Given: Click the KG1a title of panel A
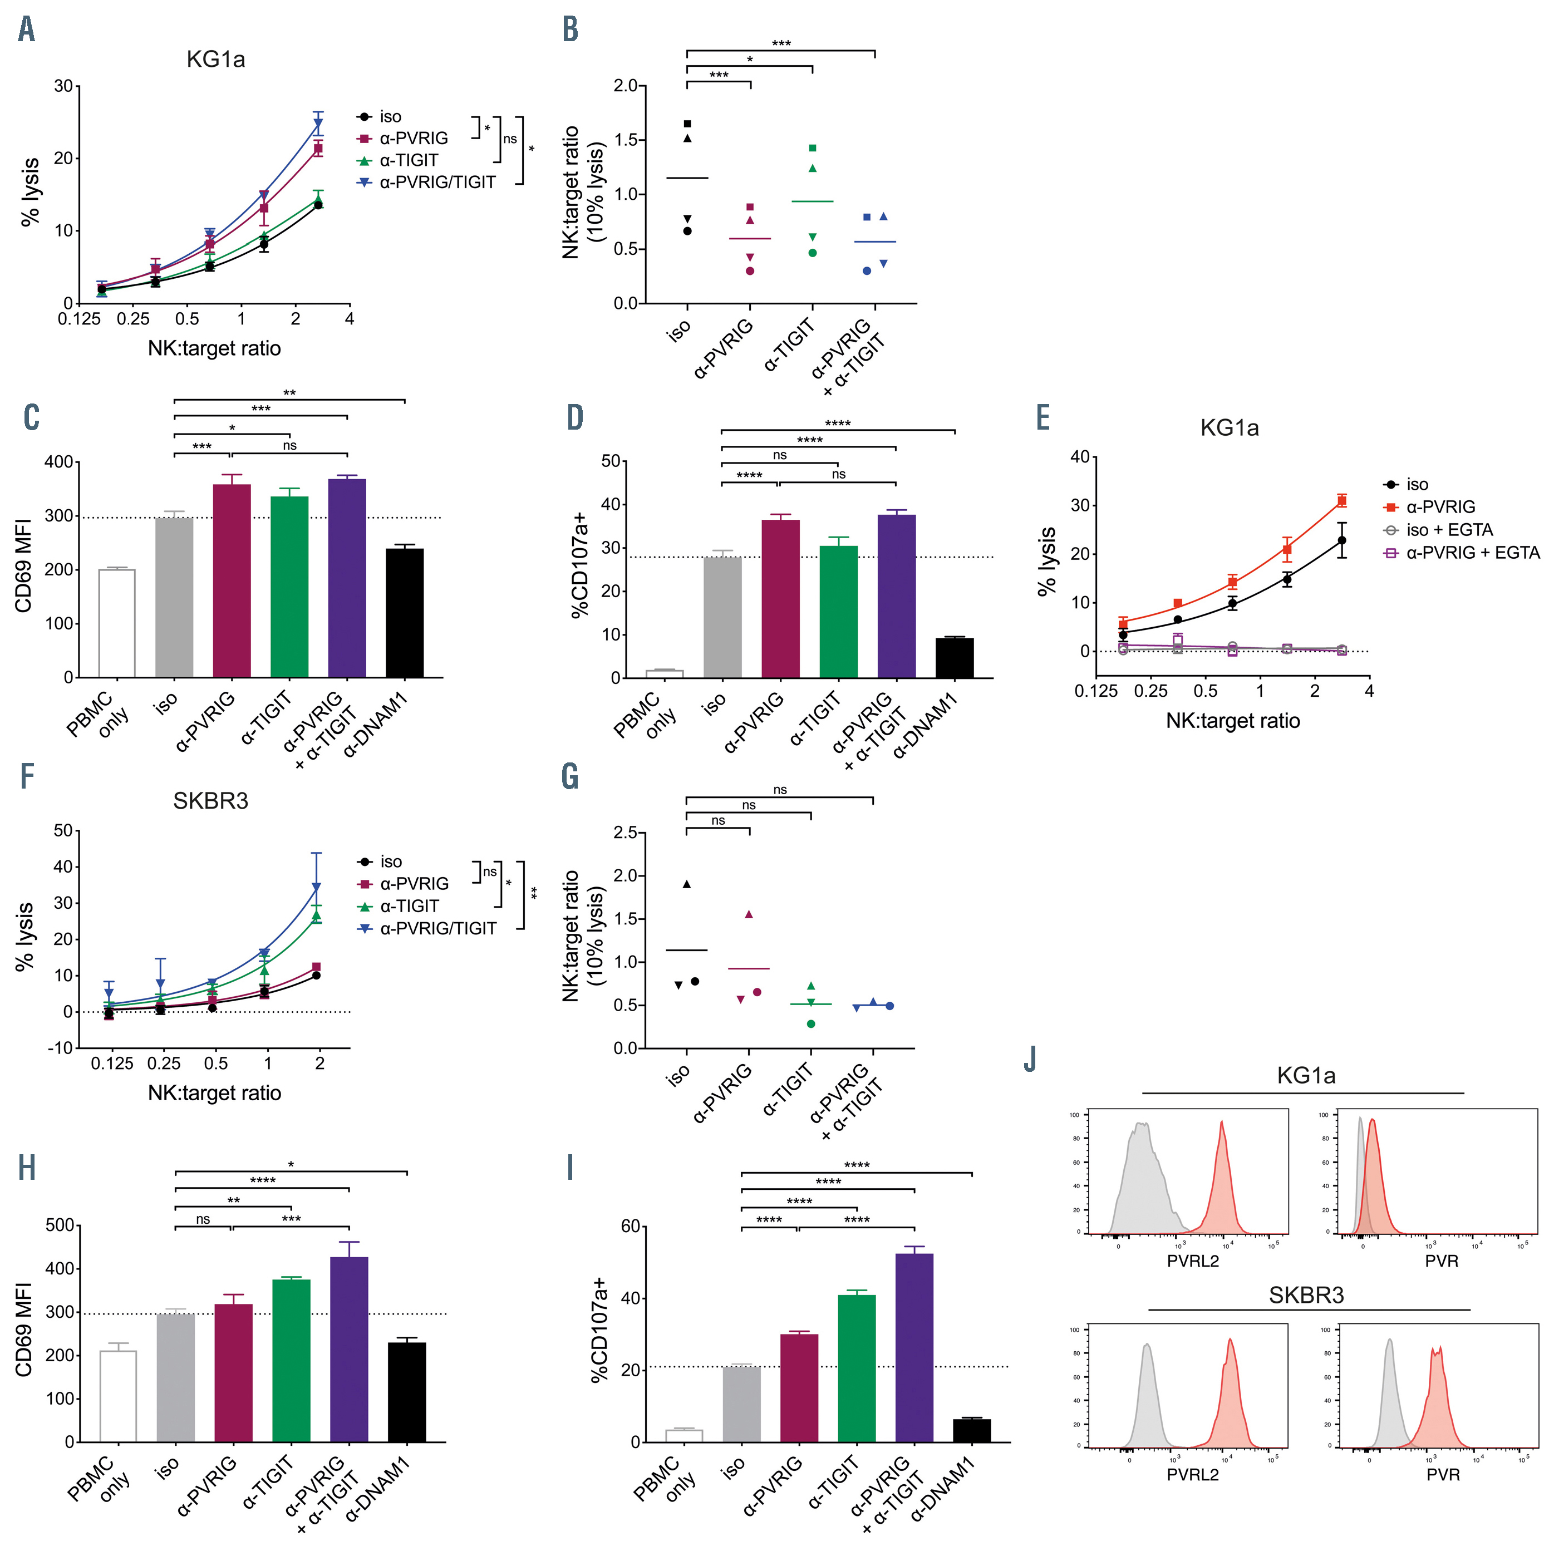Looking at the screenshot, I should pyautogui.click(x=215, y=60).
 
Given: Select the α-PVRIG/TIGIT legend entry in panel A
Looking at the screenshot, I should pyautogui.click(x=437, y=183).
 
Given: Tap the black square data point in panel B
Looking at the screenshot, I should pyautogui.click(x=687, y=124).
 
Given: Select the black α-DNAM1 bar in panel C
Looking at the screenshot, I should pyautogui.click(x=404, y=613).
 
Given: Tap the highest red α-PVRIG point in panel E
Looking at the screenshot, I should pyautogui.click(x=1341, y=501).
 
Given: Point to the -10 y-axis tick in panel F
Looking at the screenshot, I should pyautogui.click(x=62, y=1048).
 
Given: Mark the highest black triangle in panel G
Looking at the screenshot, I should pyautogui.click(x=686, y=884).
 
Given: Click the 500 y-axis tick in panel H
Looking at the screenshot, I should pyautogui.click(x=61, y=1225).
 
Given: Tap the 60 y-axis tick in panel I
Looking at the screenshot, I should pyautogui.click(x=630, y=1226).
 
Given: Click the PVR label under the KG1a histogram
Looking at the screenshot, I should pyautogui.click(x=1441, y=1261).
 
